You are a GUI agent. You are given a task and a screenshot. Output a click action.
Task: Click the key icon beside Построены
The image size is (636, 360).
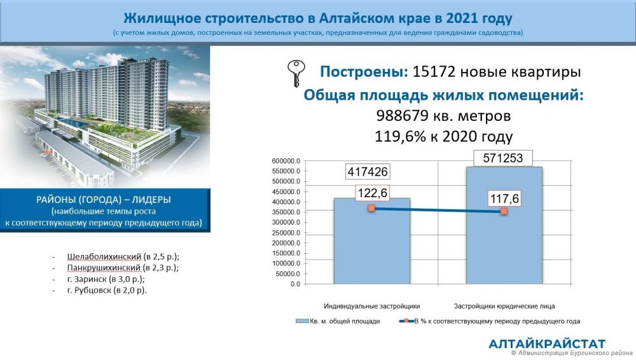296,73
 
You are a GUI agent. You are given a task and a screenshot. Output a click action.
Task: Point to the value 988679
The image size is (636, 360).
402,116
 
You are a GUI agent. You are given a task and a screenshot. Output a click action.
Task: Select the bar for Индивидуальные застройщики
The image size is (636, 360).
372,240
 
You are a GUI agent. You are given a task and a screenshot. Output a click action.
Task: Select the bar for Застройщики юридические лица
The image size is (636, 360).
504,225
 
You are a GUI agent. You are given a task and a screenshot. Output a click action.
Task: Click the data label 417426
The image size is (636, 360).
368,172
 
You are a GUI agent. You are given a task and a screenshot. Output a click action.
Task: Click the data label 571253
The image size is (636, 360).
503,158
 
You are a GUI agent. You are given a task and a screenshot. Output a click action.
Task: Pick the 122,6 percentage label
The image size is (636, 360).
373,193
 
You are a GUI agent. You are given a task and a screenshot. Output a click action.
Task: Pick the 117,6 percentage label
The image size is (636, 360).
504,198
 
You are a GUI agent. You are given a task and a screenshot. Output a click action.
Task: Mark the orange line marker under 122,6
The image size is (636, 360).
371,208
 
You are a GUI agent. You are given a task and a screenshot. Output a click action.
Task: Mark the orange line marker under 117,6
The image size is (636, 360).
504,211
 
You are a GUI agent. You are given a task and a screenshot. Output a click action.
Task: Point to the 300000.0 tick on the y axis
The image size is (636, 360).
286,223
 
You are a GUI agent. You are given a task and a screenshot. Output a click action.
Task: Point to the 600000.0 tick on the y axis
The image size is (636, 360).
286,161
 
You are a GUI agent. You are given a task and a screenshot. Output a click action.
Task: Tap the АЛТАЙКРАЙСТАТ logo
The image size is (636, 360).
547,343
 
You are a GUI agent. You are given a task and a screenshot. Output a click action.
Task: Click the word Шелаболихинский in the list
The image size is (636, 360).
104,256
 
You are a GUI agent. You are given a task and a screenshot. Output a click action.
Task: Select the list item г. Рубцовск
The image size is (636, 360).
107,290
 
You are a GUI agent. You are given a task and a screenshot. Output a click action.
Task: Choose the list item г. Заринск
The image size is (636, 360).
106,279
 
